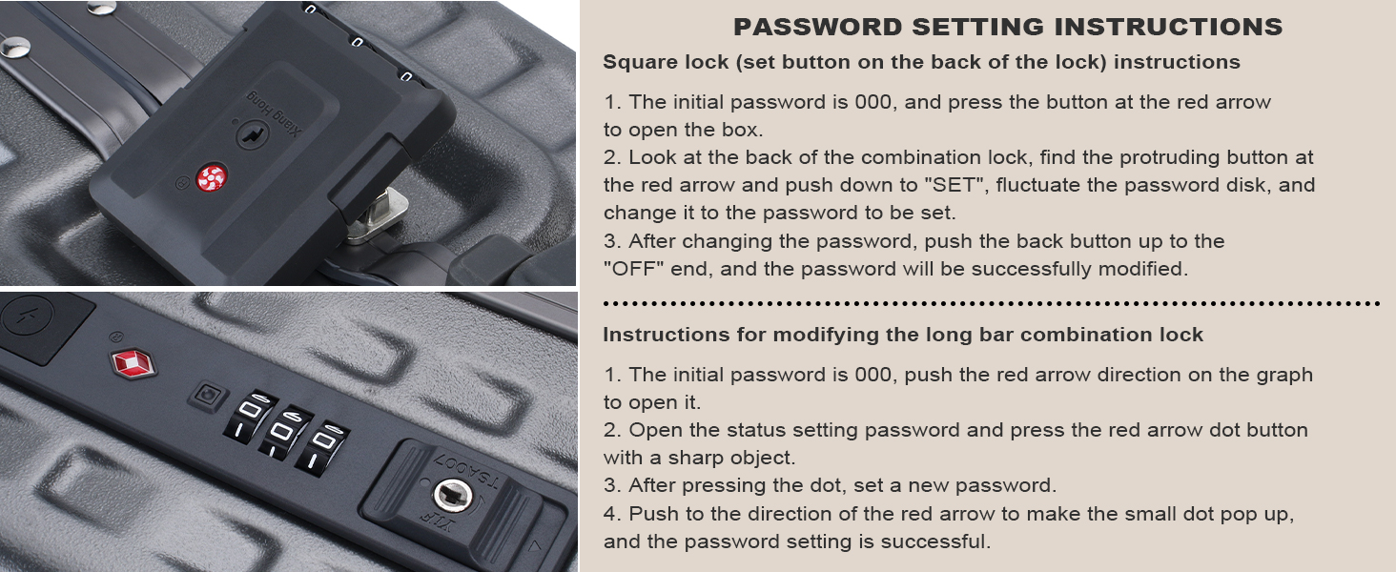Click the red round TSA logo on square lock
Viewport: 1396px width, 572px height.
[x=212, y=178]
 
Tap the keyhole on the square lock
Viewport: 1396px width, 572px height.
[x=253, y=134]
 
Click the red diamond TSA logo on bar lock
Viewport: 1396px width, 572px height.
[x=133, y=363]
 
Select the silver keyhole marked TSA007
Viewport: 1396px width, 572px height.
[x=452, y=496]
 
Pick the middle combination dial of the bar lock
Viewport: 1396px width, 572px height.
[x=284, y=434]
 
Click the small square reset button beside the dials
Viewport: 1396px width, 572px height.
[x=208, y=396]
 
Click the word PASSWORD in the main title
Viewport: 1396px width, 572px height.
[x=817, y=27]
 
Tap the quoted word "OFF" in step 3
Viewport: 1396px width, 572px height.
[x=634, y=269]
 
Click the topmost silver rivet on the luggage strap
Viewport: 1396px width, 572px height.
[x=101, y=8]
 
